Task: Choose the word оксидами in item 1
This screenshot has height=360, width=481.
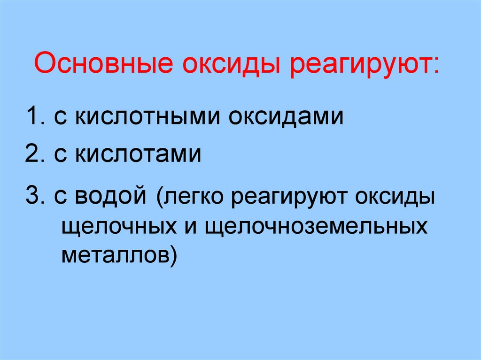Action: (287, 117)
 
